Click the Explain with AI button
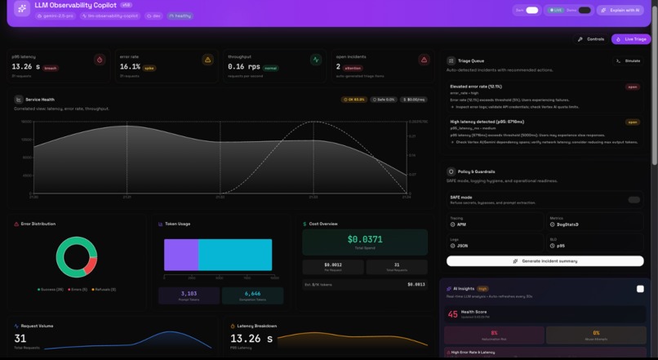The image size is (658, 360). click(620, 11)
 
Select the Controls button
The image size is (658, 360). click(592, 39)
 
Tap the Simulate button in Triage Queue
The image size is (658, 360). click(629, 60)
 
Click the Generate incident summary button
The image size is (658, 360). click(545, 261)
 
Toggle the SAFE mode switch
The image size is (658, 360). click(634, 199)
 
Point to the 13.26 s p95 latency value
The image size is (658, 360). click(25, 67)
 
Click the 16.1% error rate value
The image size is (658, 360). click(130, 67)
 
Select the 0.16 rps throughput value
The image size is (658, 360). click(243, 67)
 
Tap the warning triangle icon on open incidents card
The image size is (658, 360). click(424, 60)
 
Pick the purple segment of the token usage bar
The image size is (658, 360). click(181, 255)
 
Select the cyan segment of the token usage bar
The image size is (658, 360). click(235, 255)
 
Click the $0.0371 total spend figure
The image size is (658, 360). click(365, 239)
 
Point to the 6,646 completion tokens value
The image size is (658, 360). click(252, 294)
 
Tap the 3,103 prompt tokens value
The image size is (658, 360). click(189, 294)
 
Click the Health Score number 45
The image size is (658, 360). click(452, 314)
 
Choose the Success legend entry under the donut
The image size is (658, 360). click(51, 290)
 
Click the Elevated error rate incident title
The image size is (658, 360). click(476, 87)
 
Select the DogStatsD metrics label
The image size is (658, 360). click(567, 224)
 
